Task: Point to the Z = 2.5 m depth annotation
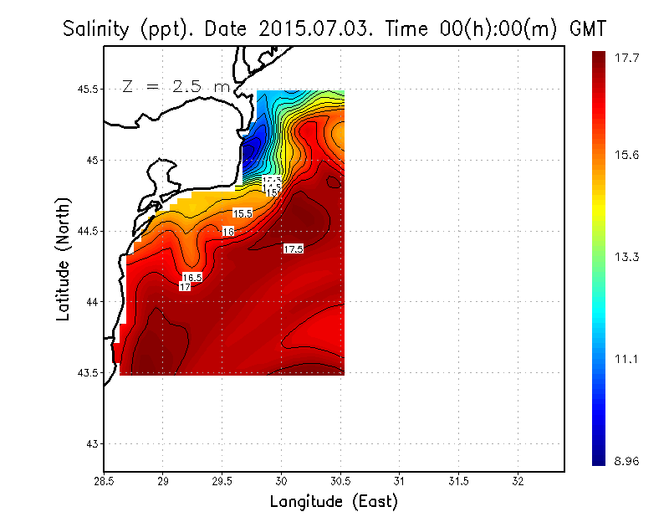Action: tap(175, 86)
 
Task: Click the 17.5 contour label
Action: tap(293, 249)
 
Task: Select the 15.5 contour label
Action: tap(243, 213)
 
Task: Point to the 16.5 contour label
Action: tap(192, 277)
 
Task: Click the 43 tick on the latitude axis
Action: tap(90, 443)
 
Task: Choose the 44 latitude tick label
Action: tap(90, 302)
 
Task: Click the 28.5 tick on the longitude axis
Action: tap(104, 482)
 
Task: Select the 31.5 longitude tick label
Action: tap(459, 482)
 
